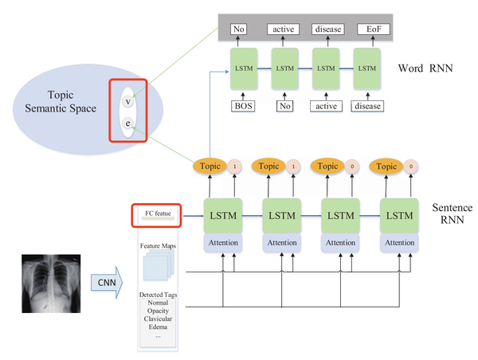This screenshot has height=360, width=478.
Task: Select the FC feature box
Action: (x=156, y=213)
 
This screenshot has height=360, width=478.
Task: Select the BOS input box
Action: (x=244, y=105)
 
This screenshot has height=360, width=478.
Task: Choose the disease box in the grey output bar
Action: (x=327, y=29)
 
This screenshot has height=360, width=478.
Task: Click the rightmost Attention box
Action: (x=396, y=241)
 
